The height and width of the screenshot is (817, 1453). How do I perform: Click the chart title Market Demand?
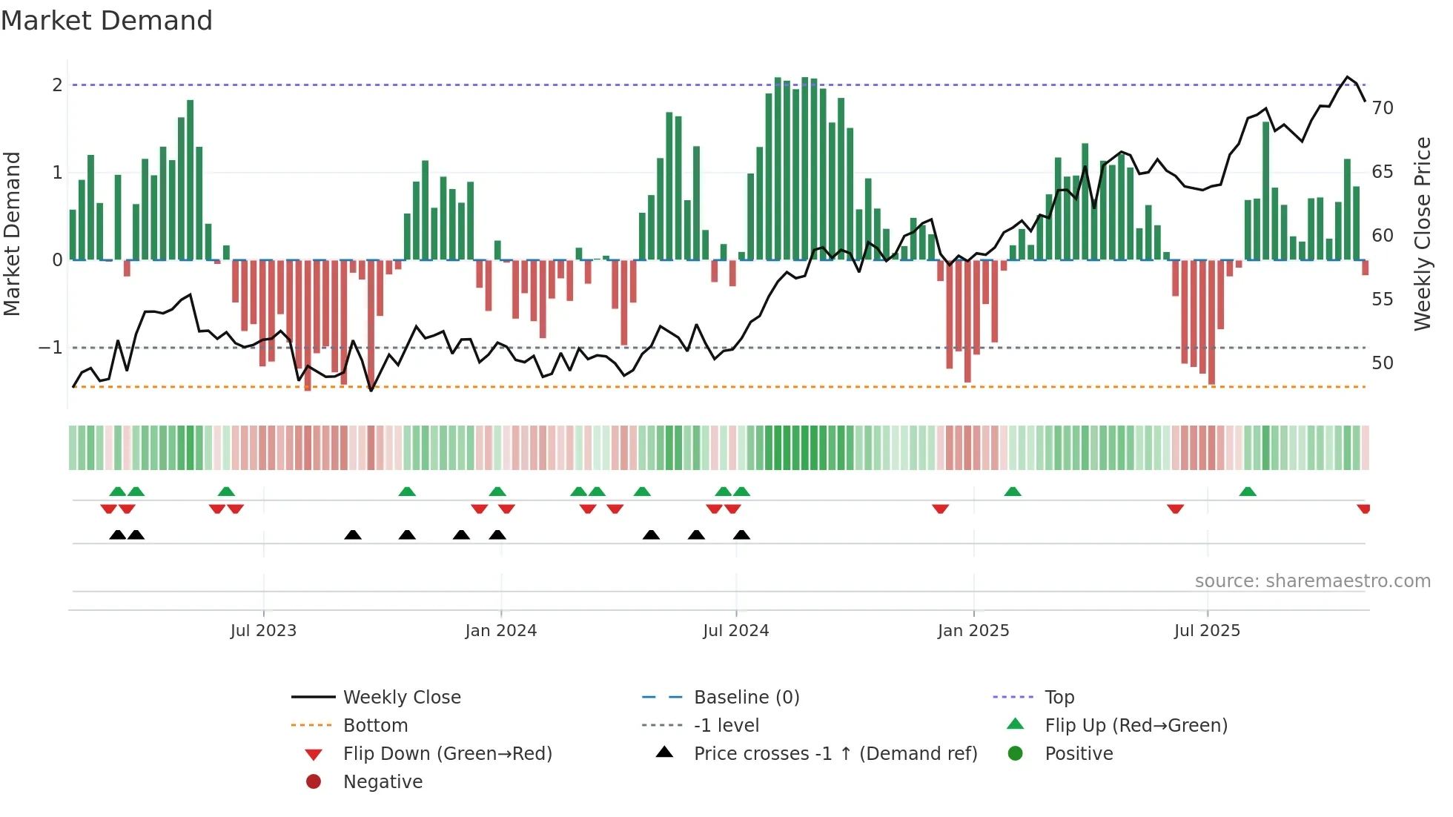pyautogui.click(x=107, y=21)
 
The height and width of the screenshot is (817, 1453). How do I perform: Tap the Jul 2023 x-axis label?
pyautogui.click(x=263, y=631)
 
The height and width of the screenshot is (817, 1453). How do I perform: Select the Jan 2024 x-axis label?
pyautogui.click(x=500, y=631)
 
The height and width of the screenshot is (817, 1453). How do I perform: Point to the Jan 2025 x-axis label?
pyautogui.click(x=973, y=631)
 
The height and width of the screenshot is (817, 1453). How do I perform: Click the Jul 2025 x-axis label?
pyautogui.click(x=1207, y=631)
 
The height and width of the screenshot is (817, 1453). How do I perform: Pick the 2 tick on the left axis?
pyautogui.click(x=57, y=85)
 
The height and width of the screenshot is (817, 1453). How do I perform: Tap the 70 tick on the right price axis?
pyautogui.click(x=1383, y=108)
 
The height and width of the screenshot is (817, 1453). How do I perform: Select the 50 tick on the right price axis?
pyautogui.click(x=1383, y=363)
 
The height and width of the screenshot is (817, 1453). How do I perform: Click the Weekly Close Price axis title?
pyautogui.click(x=1422, y=234)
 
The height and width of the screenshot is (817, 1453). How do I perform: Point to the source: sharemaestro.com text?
pyautogui.click(x=1312, y=581)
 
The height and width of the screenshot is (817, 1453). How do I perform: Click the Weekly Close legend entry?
pyautogui.click(x=401, y=698)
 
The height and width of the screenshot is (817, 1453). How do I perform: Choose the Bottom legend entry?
pyautogui.click(x=375, y=726)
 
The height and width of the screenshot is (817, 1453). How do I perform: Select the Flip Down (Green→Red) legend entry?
pyautogui.click(x=447, y=754)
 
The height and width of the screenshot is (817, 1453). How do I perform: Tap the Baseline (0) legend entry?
pyautogui.click(x=746, y=698)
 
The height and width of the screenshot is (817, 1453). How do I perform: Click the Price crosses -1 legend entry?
pyautogui.click(x=835, y=754)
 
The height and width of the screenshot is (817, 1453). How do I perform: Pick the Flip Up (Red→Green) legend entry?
pyautogui.click(x=1136, y=726)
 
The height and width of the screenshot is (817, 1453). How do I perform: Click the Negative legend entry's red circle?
pyautogui.click(x=314, y=782)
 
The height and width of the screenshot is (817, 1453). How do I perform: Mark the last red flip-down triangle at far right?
pyautogui.click(x=1363, y=509)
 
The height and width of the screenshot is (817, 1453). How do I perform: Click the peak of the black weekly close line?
pyautogui.click(x=1347, y=77)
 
